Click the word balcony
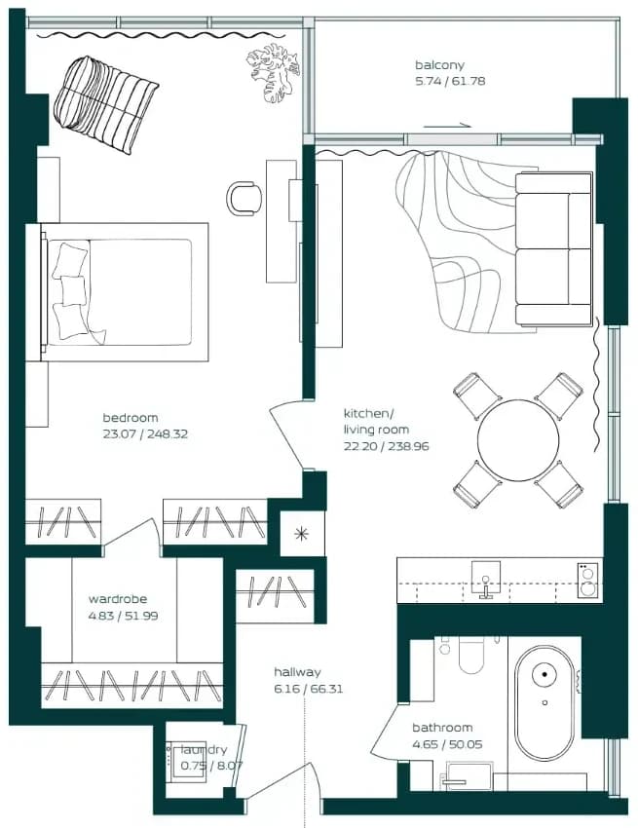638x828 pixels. pos(439,65)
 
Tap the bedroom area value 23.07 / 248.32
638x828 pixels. pos(145,434)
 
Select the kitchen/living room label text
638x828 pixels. pos(376,422)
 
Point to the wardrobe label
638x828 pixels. pos(118,599)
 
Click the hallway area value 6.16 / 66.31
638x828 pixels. pos(309,689)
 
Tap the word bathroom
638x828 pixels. pos(442,728)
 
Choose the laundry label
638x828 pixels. pos(204,750)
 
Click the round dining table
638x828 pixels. pos(518,440)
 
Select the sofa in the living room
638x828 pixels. pos(553,248)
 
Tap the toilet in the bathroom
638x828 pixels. pos(471,655)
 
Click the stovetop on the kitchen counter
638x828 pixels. pos(587,581)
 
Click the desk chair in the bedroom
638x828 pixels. pos(244,199)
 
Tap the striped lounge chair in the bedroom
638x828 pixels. pos(105,105)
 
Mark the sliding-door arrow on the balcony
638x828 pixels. pos(447,126)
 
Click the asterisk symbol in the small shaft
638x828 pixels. pos(302,534)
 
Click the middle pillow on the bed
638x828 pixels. pos(73,290)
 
